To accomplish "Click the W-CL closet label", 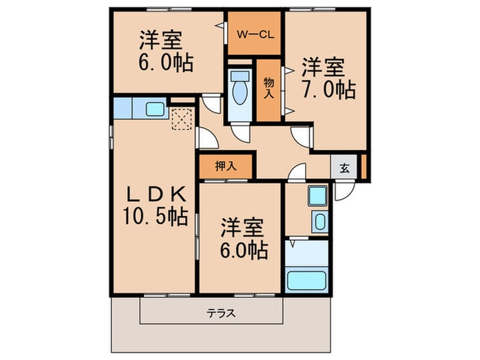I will tap(255, 33).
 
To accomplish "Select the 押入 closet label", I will tap(225, 165).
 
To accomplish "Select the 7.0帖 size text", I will tap(327, 90).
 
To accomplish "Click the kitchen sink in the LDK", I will tap(154, 108).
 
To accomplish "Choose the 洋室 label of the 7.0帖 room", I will tap(322, 67).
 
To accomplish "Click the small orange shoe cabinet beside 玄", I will tap(364, 167).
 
